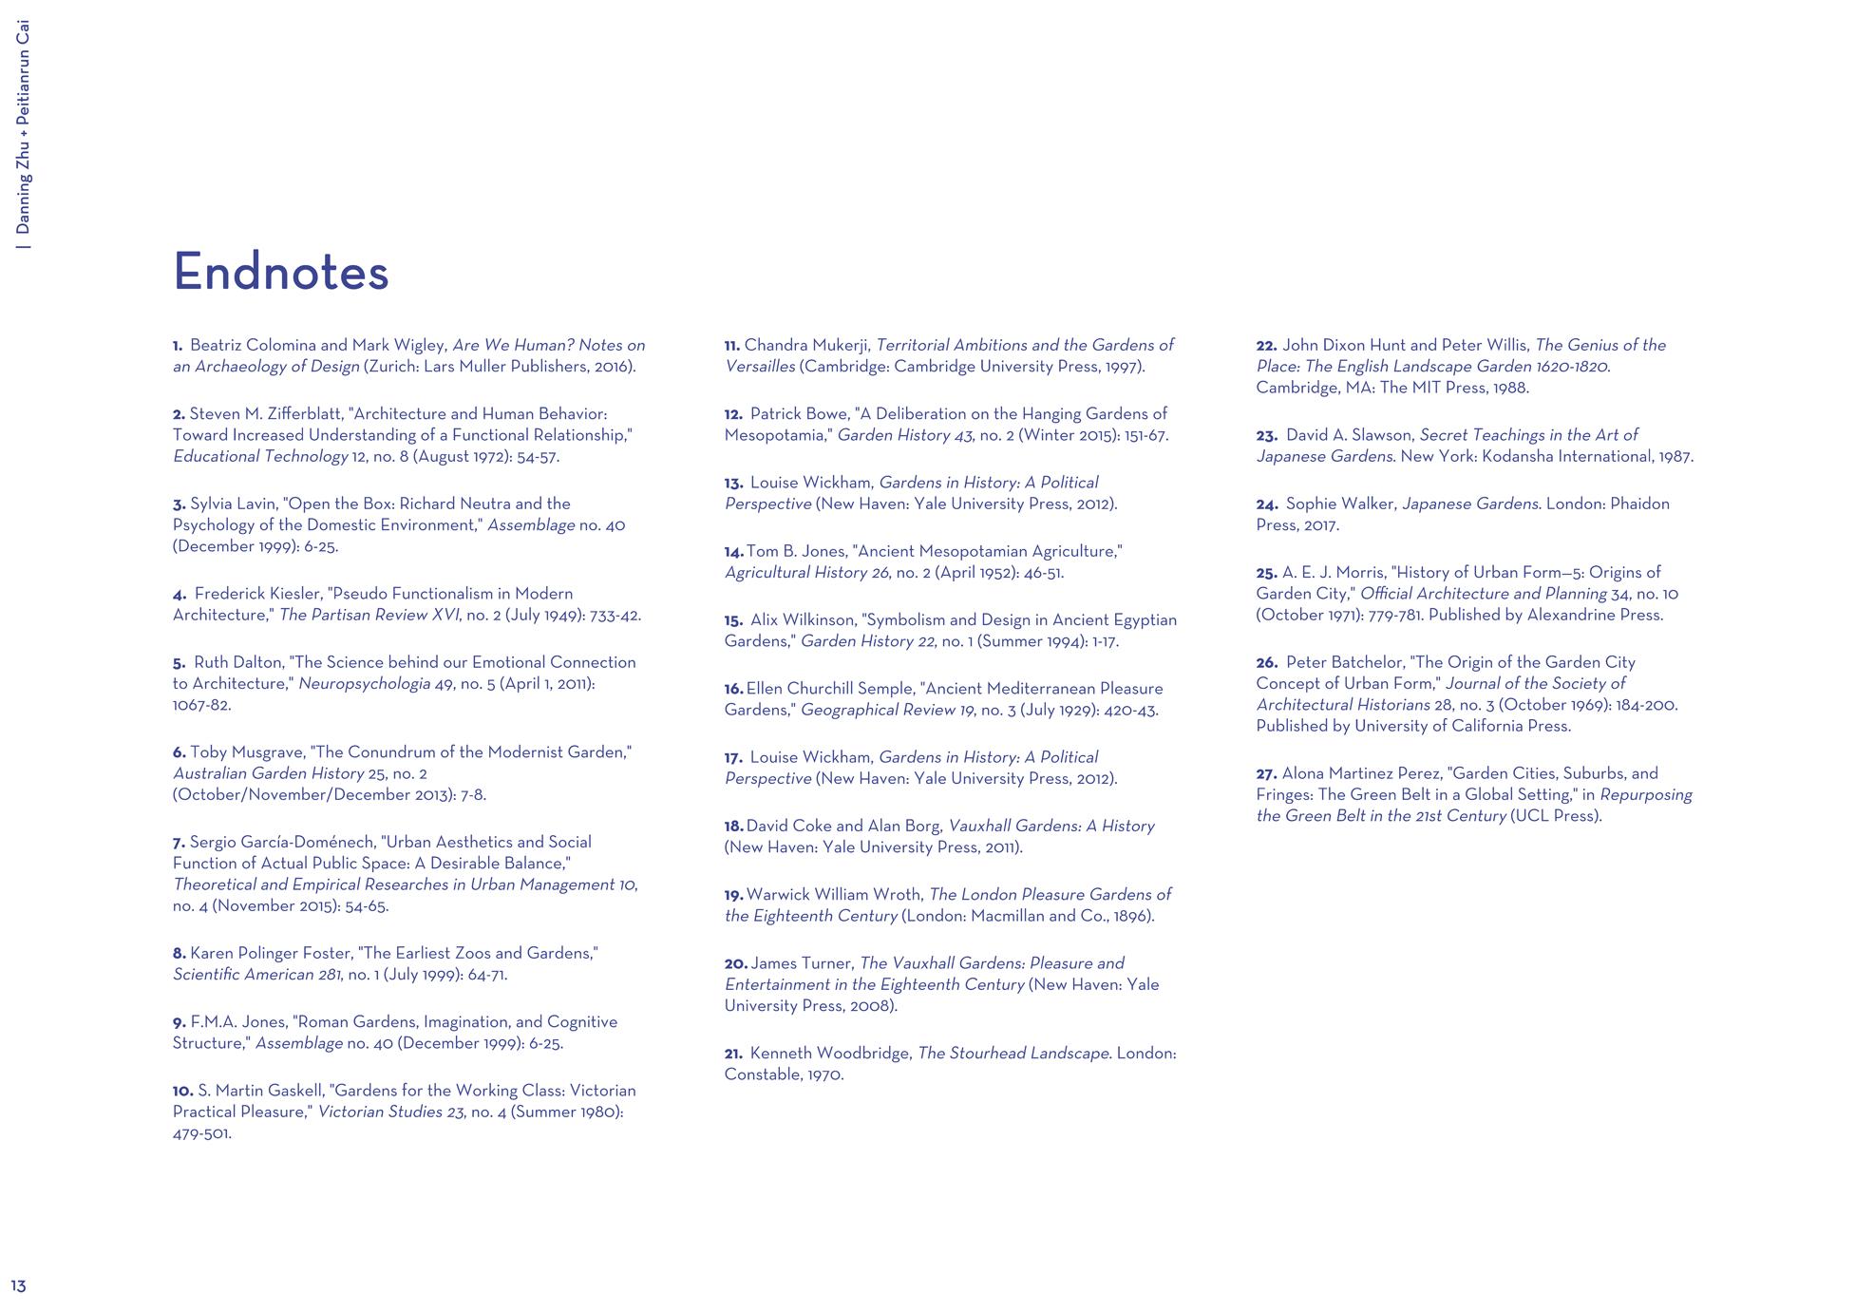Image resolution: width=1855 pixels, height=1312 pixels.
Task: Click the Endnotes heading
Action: (281, 272)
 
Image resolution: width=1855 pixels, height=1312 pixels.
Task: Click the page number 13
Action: (19, 1286)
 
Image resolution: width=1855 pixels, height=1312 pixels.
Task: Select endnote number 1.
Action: (178, 346)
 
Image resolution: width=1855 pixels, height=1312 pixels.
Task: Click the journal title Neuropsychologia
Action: (364, 684)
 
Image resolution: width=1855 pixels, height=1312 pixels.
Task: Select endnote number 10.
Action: (182, 1092)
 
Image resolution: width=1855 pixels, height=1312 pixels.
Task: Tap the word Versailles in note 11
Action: (760, 367)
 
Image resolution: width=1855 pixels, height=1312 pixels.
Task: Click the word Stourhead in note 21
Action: (987, 1054)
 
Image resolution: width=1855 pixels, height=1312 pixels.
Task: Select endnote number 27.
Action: (1266, 774)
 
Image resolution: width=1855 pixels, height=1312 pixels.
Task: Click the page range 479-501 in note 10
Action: (201, 1134)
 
